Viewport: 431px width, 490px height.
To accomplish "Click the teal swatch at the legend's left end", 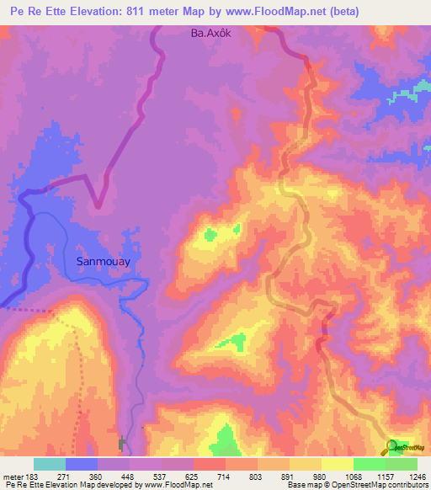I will (50, 464).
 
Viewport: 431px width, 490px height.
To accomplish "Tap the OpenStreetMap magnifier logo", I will (393, 447).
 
